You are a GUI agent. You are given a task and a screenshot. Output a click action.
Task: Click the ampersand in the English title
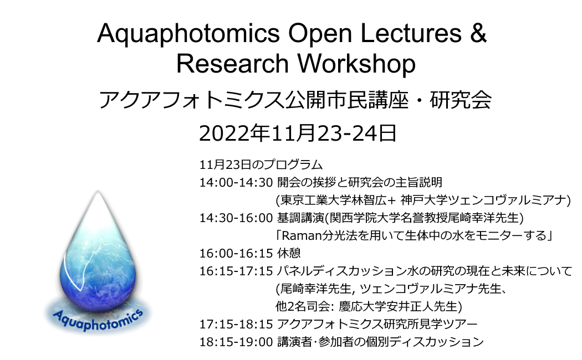[478, 33]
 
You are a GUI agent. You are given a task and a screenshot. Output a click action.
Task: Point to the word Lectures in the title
[411, 33]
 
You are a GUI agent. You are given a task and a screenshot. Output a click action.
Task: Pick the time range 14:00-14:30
[236, 182]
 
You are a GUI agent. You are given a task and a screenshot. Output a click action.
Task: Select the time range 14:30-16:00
[236, 218]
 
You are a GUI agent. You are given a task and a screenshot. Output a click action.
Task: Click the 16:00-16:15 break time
[236, 254]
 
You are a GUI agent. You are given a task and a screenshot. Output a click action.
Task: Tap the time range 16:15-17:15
[236, 271]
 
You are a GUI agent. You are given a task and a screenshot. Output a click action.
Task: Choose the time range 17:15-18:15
[236, 325]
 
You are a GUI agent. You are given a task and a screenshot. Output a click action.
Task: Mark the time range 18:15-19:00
[236, 342]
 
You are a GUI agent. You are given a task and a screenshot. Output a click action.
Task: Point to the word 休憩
[289, 254]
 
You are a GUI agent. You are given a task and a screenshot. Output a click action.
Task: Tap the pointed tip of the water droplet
[98, 191]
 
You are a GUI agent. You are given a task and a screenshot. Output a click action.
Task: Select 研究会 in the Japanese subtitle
[461, 100]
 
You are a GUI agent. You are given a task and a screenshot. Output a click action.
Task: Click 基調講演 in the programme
[300, 218]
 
